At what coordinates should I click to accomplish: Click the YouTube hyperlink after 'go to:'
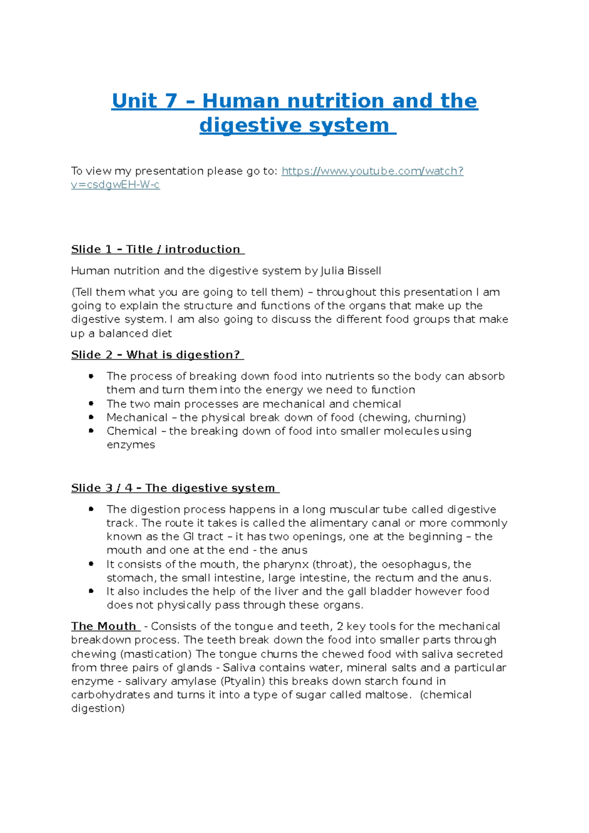coord(372,171)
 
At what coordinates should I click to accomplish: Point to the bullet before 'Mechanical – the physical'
coord(91,417)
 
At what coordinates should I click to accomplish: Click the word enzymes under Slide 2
coord(131,445)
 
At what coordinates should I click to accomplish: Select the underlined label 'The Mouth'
coord(104,626)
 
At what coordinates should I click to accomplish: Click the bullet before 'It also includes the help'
coord(91,591)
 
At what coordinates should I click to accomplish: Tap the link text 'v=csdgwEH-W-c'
coord(115,185)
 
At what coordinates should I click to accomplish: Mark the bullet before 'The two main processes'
coord(91,403)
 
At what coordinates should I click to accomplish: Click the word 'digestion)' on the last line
coord(98,708)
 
